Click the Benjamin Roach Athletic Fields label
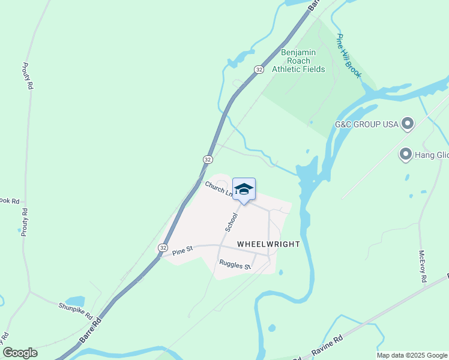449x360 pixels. [298, 61]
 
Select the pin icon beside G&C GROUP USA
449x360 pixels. [408, 124]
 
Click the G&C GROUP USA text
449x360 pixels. [367, 125]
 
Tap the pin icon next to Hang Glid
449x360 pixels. [406, 155]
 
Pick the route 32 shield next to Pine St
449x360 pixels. [163, 247]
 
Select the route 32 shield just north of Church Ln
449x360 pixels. [207, 159]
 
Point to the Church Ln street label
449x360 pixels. [218, 188]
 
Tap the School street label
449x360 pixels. [231, 221]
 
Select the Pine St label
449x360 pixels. [181, 251]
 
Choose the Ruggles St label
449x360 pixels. [234, 263]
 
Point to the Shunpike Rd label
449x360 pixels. [75, 311]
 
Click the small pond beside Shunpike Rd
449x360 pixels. [74, 301]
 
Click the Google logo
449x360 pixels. [20, 353]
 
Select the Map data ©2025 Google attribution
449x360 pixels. [411, 355]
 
